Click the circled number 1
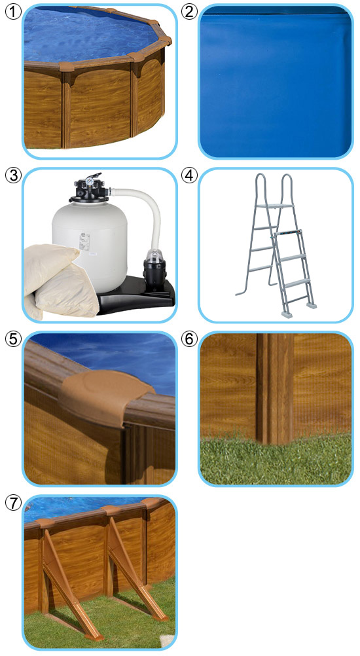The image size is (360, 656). [13, 12]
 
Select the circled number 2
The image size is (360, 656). [189, 12]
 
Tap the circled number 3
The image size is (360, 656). [13, 175]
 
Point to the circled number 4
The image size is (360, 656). [189, 175]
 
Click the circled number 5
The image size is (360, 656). [13, 338]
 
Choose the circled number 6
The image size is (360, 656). [189, 338]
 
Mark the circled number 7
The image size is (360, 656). [13, 502]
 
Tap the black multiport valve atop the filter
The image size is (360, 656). [89, 189]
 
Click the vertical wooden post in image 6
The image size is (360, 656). [275, 388]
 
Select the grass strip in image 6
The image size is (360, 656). [276, 460]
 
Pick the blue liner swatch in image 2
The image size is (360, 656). [276, 82]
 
